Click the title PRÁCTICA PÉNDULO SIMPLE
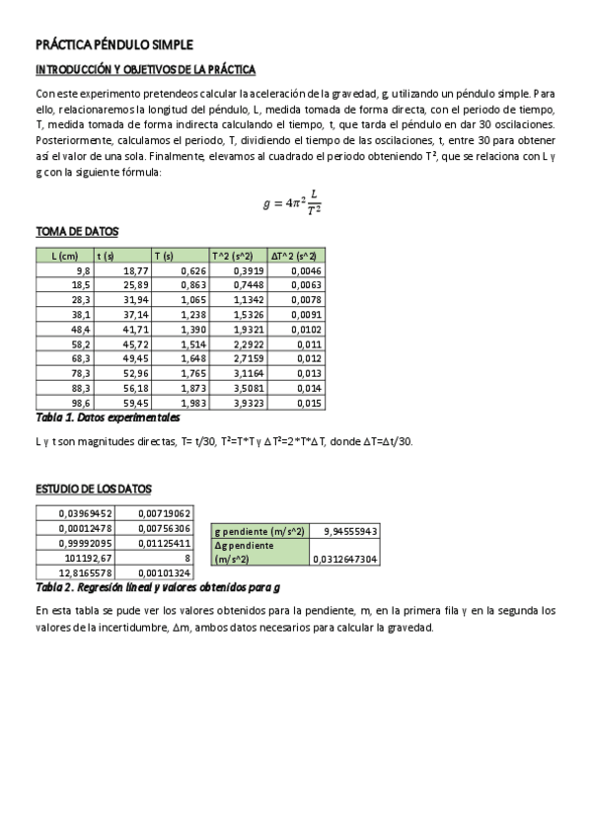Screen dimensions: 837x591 (113, 44)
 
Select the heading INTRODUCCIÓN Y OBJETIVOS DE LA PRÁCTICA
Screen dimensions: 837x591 (145, 70)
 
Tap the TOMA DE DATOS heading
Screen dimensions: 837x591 (77, 231)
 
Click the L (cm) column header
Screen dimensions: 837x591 (64, 255)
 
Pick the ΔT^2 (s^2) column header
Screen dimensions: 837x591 (296, 255)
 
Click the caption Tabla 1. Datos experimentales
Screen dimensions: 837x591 (108, 418)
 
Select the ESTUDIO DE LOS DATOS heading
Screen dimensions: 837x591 (94, 490)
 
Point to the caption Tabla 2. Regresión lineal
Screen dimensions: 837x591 (157, 587)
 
